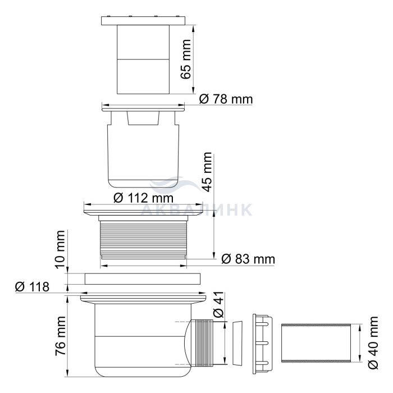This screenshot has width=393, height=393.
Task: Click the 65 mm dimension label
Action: [x=186, y=59]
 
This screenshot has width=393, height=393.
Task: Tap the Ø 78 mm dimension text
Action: [x=226, y=99]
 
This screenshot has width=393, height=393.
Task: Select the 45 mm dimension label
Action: [x=207, y=172]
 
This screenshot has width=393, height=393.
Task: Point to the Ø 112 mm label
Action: [x=143, y=198]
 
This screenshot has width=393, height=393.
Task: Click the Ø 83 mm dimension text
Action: [x=248, y=259]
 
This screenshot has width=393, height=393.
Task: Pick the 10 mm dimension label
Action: [x=60, y=249]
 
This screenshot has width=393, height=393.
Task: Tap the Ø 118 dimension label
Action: [x=32, y=287]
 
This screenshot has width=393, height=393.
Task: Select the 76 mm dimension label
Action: [x=61, y=336]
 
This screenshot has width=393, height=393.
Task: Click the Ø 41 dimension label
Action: [x=218, y=304]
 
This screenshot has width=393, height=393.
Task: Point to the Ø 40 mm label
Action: [x=373, y=342]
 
